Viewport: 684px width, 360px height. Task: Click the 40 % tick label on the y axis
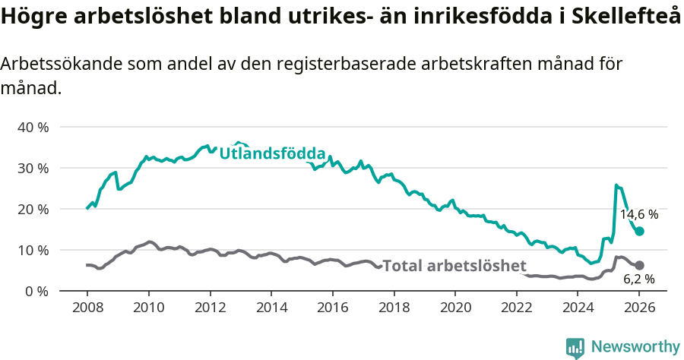point(33,127)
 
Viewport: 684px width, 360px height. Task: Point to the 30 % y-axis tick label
point(33,168)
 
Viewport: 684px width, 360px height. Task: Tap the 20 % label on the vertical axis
point(33,209)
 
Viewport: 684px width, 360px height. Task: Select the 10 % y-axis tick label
point(33,250)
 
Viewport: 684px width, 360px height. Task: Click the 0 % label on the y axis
point(36,291)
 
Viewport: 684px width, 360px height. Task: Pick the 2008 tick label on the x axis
point(87,308)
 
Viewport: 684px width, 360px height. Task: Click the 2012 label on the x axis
point(210,308)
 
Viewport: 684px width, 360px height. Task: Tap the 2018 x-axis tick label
point(394,308)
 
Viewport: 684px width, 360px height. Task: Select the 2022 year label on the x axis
point(517,308)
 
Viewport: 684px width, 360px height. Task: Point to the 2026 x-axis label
point(639,308)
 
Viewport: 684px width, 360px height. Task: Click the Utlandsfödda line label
point(272,153)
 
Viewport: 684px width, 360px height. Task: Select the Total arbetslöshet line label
point(454,266)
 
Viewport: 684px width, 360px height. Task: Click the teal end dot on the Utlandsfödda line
point(639,231)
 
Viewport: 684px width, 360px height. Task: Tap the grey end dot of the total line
point(639,265)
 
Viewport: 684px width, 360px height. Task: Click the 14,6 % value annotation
point(638,215)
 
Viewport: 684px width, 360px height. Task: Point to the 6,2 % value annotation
point(638,279)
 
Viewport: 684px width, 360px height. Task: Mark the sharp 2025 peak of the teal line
point(616,185)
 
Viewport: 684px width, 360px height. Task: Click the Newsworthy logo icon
point(575,347)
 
